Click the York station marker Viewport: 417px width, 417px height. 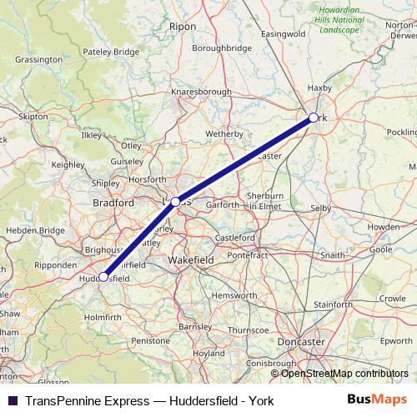tap(313, 118)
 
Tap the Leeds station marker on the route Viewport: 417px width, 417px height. tap(175, 202)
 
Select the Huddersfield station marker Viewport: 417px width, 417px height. tap(103, 277)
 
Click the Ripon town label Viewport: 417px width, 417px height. tap(183, 27)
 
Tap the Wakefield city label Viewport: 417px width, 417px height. tap(191, 260)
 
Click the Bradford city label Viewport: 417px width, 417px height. tap(113, 203)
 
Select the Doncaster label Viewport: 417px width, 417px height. tap(302, 342)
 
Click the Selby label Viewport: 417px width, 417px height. tap(320, 207)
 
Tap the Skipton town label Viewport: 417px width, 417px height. tap(33, 117)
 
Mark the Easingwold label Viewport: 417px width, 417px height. tap(284, 33)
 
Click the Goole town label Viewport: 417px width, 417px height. tap(380, 249)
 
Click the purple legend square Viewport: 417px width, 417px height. tap(12, 400)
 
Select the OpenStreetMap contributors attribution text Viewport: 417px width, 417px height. tap(344, 374)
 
